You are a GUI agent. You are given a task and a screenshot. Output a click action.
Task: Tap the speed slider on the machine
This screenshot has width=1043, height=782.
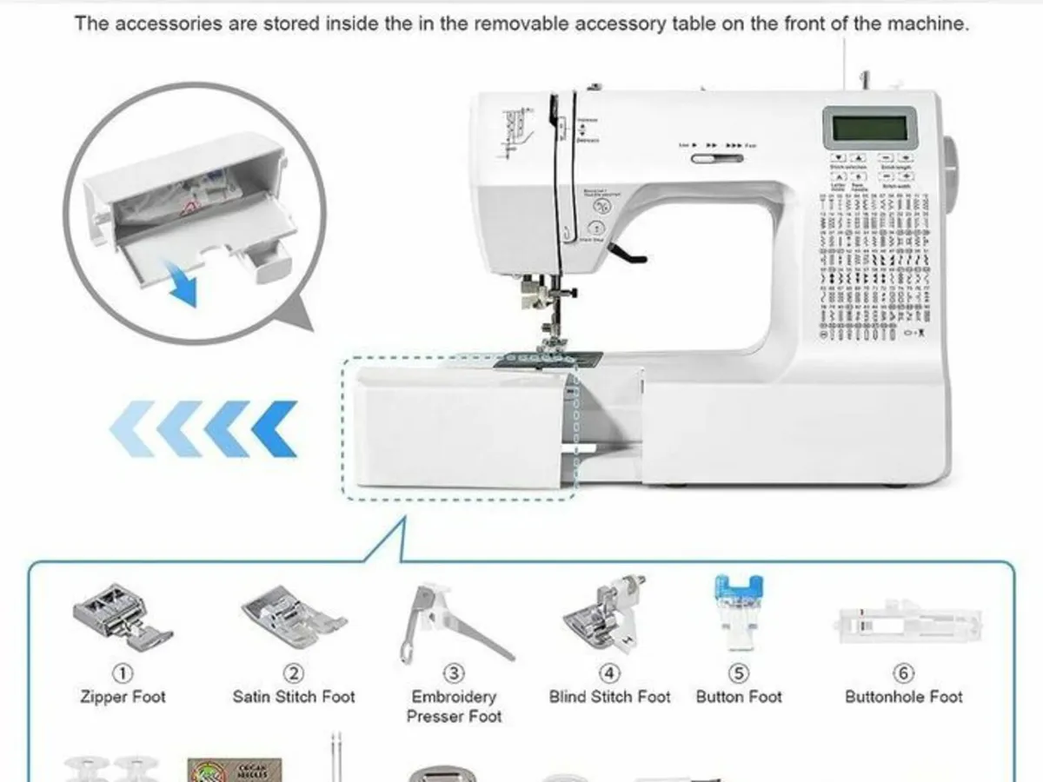(x=718, y=158)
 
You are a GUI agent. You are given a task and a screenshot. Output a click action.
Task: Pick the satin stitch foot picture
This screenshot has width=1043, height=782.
(x=293, y=617)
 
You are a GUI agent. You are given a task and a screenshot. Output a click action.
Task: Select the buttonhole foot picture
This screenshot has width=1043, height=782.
(x=909, y=624)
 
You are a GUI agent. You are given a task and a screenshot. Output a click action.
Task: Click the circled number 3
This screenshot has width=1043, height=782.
(x=454, y=673)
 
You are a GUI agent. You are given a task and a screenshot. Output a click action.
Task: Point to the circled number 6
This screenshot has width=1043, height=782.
(x=903, y=673)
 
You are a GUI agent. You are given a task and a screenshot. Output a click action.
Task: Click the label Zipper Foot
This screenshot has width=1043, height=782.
(x=123, y=697)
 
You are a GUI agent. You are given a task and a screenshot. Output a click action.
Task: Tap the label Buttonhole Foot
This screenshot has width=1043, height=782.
(x=904, y=697)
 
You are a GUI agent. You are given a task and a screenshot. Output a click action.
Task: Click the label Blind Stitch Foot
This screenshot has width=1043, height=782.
(x=609, y=697)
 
